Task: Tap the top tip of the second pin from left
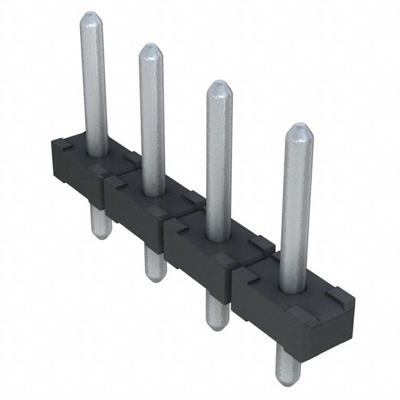[150, 47]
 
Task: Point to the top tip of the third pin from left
[217, 84]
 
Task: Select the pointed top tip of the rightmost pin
[299, 128]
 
